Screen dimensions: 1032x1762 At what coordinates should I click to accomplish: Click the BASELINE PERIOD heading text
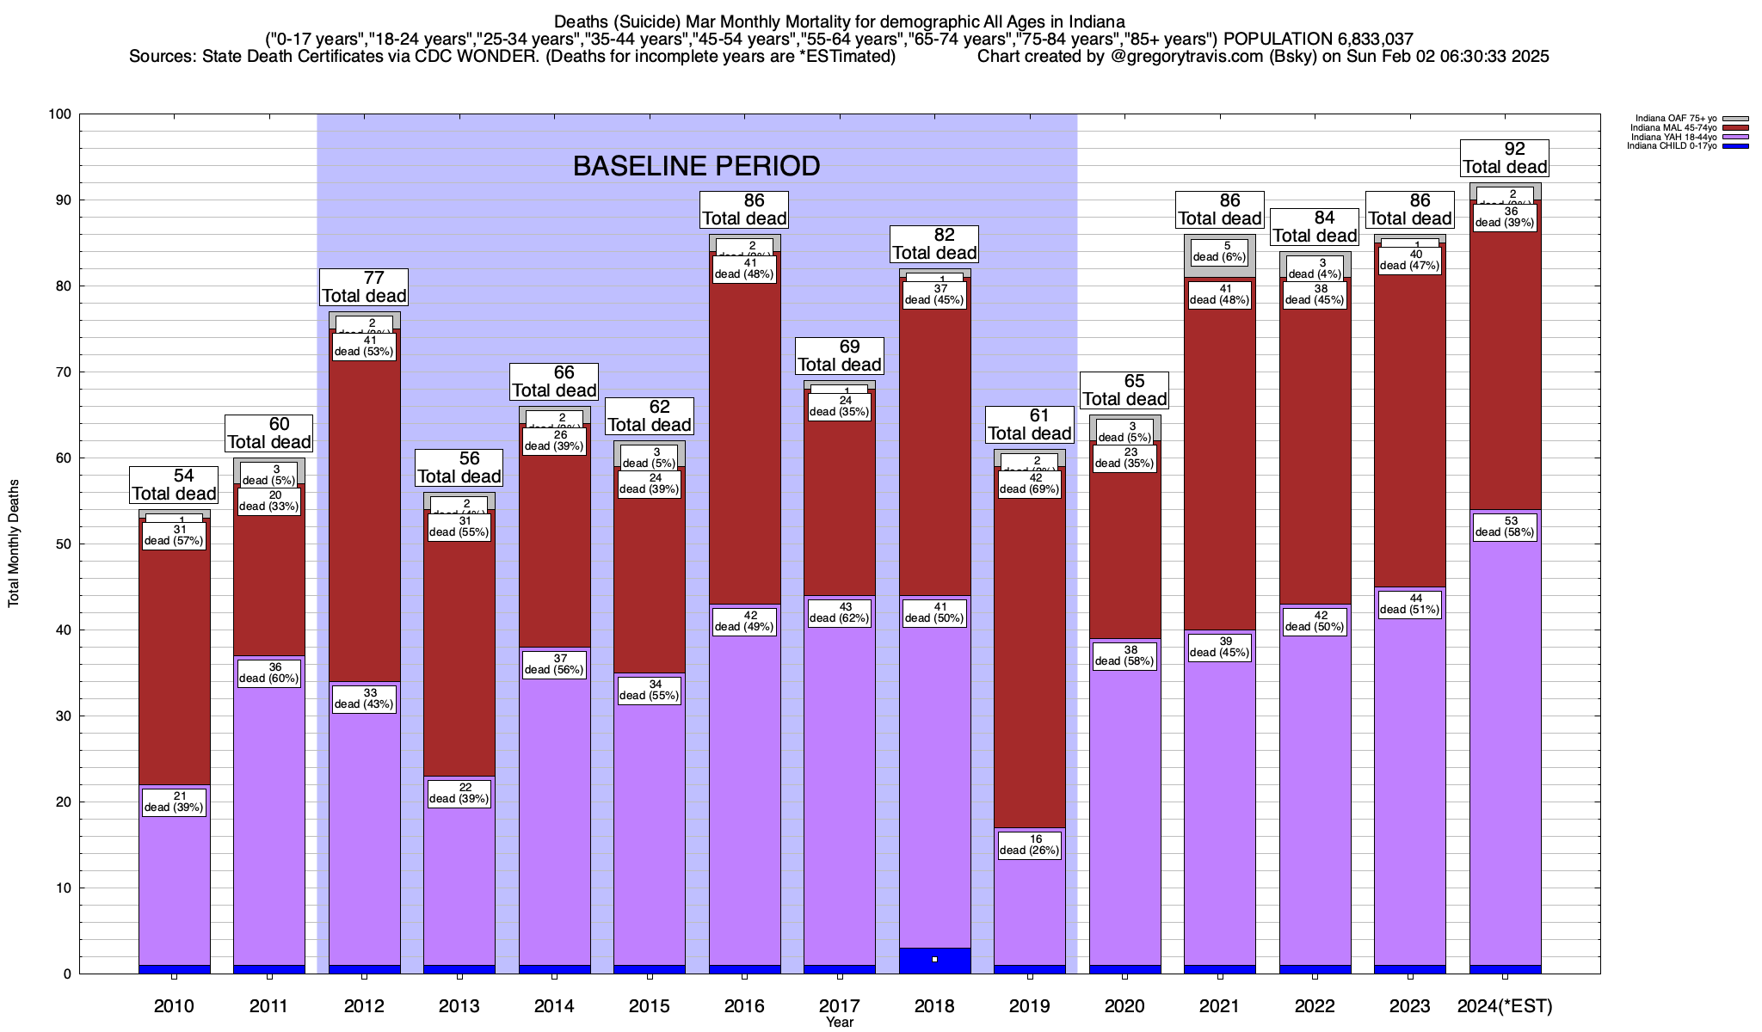pyautogui.click(x=696, y=166)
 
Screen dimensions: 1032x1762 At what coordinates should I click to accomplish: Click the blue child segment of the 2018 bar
pyautogui.click(x=934, y=961)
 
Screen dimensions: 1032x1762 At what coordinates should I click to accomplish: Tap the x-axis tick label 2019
pyautogui.click(x=1029, y=1006)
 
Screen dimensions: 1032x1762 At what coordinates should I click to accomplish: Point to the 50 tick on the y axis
pyautogui.click(x=65, y=544)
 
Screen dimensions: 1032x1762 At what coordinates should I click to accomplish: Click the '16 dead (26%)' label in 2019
pyautogui.click(x=1029, y=845)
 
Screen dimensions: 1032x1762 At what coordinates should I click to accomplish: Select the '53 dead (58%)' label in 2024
pyautogui.click(x=1505, y=526)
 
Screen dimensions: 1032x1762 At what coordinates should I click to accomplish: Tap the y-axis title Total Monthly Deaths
pyautogui.click(x=14, y=544)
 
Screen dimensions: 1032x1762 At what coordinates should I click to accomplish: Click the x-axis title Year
pyautogui.click(x=839, y=1023)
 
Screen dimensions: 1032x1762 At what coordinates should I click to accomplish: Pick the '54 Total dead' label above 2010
pyautogui.click(x=174, y=485)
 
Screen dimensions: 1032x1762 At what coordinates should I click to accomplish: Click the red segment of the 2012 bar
pyautogui.click(x=364, y=516)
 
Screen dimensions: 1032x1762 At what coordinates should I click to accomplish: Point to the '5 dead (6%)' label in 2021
pyautogui.click(x=1219, y=252)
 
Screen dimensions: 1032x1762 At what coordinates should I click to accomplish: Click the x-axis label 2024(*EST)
pyautogui.click(x=1505, y=1006)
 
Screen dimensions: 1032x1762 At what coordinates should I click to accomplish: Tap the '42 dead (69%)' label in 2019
pyautogui.click(x=1029, y=483)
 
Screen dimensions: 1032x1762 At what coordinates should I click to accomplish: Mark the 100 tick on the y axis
pyautogui.click(x=62, y=114)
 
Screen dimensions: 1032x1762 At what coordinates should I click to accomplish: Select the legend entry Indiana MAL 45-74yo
pyautogui.click(x=1673, y=128)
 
